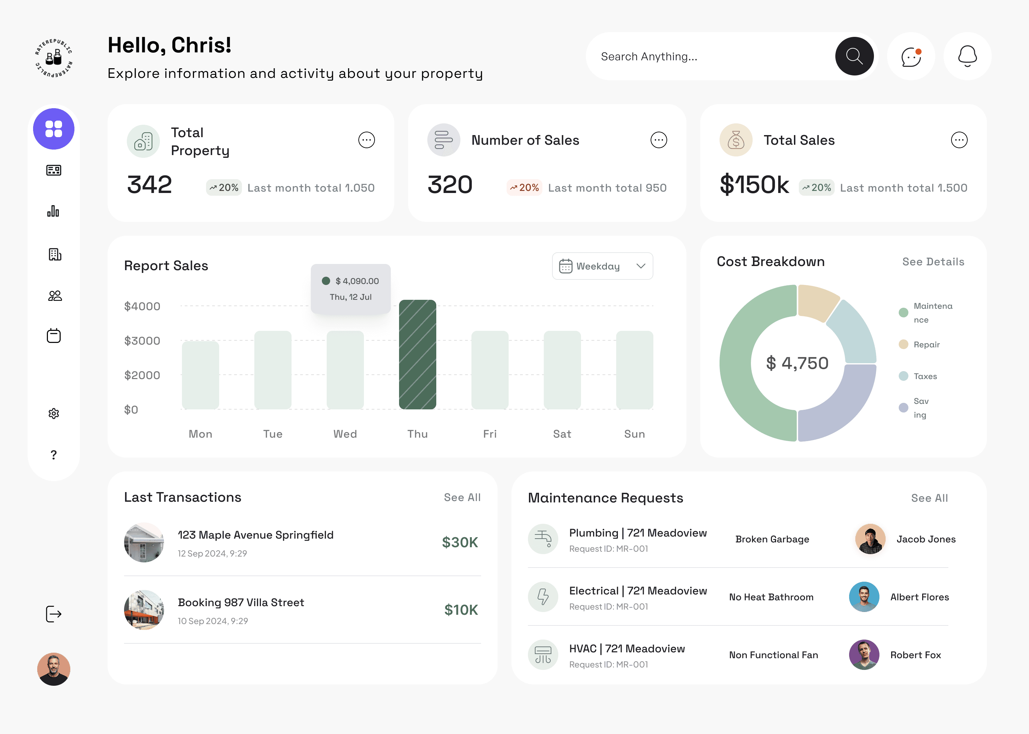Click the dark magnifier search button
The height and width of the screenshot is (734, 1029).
854,57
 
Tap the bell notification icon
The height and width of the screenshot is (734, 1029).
967,57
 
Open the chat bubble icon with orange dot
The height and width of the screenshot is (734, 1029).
910,57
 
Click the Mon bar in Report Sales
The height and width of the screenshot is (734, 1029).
200,375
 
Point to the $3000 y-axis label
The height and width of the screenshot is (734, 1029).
142,341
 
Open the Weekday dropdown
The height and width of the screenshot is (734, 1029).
602,266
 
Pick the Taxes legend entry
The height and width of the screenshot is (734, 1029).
925,376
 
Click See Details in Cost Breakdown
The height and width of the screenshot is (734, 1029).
933,262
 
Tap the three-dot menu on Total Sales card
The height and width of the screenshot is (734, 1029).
958,140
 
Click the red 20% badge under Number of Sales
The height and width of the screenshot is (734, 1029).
524,187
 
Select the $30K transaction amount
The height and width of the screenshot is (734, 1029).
460,542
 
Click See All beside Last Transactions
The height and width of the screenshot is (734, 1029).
462,497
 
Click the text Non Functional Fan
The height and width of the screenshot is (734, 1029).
773,654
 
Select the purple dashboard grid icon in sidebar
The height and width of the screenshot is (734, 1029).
54,129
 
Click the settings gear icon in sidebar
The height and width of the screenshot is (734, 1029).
54,413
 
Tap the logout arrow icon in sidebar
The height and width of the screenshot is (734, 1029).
54,614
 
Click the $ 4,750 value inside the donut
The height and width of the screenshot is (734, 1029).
797,363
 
